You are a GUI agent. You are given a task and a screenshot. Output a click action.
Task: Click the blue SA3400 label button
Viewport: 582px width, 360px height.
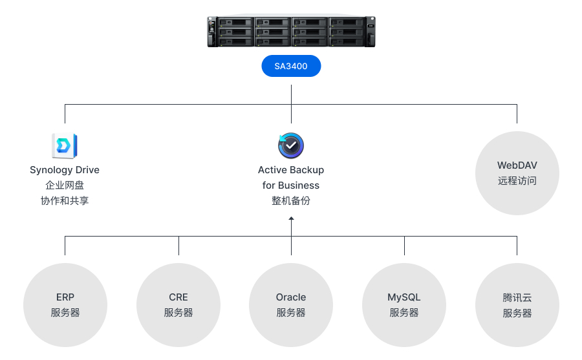pos(291,66)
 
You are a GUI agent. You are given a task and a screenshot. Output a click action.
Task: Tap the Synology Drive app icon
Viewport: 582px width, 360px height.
pos(65,145)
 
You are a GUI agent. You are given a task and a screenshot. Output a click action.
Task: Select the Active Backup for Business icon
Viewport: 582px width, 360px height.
pos(291,145)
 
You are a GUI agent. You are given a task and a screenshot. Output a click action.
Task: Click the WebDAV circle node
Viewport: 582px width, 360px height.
pos(517,173)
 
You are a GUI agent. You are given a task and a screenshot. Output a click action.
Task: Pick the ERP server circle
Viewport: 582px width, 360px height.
pos(65,305)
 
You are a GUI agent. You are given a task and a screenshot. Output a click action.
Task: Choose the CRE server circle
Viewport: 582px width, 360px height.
pos(178,305)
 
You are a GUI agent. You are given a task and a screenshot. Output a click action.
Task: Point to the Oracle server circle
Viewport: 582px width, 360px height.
pos(291,305)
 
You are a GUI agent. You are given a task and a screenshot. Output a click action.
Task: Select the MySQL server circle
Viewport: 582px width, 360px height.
pos(404,305)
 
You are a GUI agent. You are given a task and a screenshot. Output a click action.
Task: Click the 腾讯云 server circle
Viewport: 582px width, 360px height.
pos(517,305)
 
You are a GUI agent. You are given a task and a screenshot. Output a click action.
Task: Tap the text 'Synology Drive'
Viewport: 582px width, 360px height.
pos(65,170)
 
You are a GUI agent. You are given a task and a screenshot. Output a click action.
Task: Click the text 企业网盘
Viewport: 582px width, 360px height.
pos(65,185)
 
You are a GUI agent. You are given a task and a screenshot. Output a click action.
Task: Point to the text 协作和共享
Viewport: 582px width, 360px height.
pos(65,201)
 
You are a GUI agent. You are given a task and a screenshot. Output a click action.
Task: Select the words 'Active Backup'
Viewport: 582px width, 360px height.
pos(291,170)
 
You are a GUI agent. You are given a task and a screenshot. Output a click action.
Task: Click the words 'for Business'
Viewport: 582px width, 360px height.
pos(291,185)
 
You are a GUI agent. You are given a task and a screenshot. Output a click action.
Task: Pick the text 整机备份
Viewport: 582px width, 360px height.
pos(291,201)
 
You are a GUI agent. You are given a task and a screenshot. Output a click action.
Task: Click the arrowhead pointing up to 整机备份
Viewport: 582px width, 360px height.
pos(292,218)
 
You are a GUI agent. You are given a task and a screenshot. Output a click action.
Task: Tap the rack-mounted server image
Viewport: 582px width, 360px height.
pos(292,32)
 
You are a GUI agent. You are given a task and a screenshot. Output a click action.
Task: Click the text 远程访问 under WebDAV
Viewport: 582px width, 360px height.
pos(517,181)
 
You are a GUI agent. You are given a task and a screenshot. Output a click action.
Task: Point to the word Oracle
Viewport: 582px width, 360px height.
pos(291,297)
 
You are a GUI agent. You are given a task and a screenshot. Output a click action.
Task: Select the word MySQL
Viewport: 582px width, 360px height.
pos(404,298)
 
